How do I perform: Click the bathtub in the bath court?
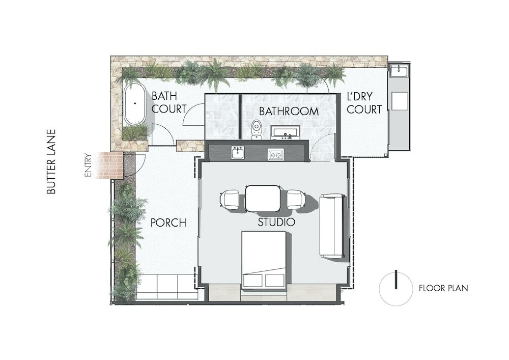click(x=135, y=104)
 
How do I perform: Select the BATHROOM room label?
click(x=289, y=111)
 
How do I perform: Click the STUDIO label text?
click(x=276, y=223)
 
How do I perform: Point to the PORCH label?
click(x=168, y=223)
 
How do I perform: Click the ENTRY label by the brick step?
click(x=89, y=165)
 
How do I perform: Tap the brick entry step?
click(x=111, y=165)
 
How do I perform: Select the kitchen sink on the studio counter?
click(x=238, y=152)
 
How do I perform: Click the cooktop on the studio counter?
click(x=276, y=154)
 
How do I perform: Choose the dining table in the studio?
click(x=263, y=198)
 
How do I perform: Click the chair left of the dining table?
click(x=230, y=199)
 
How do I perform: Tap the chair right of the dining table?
click(x=295, y=199)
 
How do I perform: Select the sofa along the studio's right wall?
click(x=331, y=225)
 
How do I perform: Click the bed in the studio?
click(x=263, y=260)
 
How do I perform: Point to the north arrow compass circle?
click(x=396, y=288)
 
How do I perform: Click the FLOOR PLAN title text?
click(x=443, y=288)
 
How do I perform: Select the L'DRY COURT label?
click(x=364, y=102)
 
